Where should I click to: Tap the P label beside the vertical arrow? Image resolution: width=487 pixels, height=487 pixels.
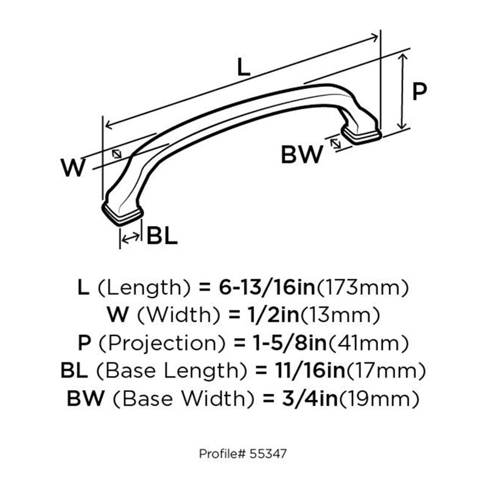(419, 91)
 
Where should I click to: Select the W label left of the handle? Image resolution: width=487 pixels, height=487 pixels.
(73, 167)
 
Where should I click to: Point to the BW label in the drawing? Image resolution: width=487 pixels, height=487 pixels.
(302, 155)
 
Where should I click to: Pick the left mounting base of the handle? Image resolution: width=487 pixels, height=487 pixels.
(122, 214)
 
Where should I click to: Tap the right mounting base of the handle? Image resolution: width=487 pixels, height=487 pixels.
(361, 135)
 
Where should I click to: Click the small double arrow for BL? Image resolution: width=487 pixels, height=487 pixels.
(130, 238)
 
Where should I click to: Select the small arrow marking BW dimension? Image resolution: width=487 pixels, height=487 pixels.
(335, 144)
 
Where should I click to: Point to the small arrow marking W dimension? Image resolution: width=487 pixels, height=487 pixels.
(117, 154)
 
